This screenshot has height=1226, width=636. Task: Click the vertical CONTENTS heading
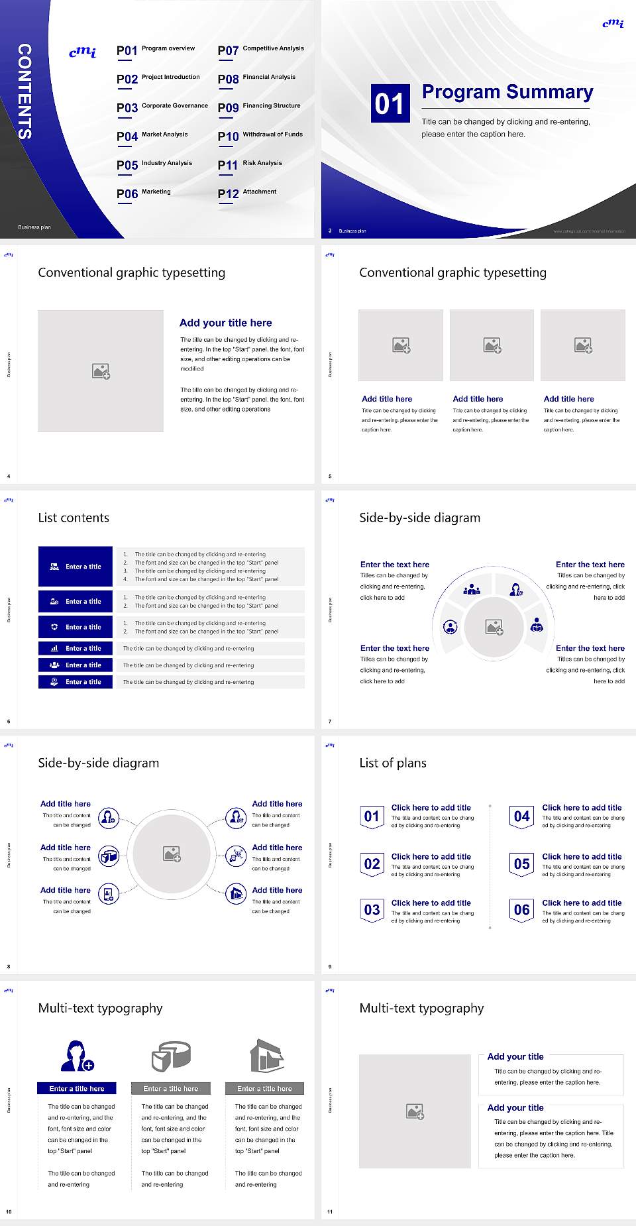pyautogui.click(x=25, y=91)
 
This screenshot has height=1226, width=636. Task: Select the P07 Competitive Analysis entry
pyautogui.click(x=260, y=50)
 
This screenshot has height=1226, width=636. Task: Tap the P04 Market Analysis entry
pyautogui.click(x=152, y=136)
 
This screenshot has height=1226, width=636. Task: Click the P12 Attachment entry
pyautogui.click(x=247, y=194)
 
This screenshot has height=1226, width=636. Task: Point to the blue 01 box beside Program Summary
pyautogui.click(x=390, y=103)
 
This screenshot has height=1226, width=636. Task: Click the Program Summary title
pyautogui.click(x=507, y=92)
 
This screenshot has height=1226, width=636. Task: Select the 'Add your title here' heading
pyautogui.click(x=225, y=323)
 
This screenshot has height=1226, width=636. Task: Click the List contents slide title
pyautogui.click(x=74, y=518)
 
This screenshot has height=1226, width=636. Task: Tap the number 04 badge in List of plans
pyautogui.click(x=522, y=816)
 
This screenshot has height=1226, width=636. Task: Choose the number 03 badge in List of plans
pyautogui.click(x=372, y=911)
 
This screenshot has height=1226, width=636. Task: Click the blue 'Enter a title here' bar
pyautogui.click(x=76, y=1088)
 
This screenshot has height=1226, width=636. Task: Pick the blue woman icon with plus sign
pyautogui.click(x=77, y=1056)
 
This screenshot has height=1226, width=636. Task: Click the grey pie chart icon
pyautogui.click(x=171, y=1056)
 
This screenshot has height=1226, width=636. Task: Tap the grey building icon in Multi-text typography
pyautogui.click(x=267, y=1056)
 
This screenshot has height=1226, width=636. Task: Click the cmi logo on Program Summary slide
pyautogui.click(x=613, y=23)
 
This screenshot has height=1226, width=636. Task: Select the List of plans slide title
pyautogui.click(x=393, y=763)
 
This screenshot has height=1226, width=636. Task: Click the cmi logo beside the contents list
pyautogui.click(x=83, y=52)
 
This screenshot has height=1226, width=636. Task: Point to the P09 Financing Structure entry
pyautogui.click(x=259, y=107)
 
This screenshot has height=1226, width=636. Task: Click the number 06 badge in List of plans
pyautogui.click(x=522, y=911)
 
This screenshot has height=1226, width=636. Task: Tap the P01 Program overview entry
pyautogui.click(x=156, y=50)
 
